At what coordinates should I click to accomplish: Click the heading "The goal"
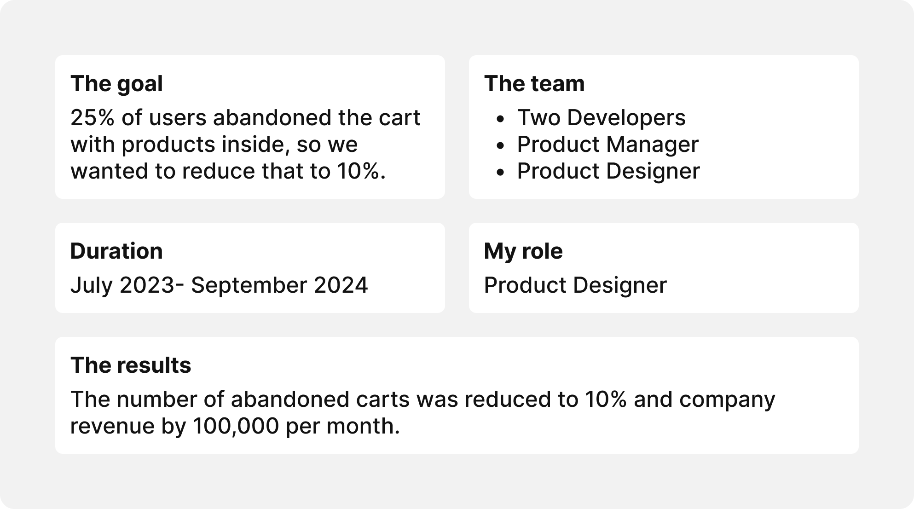pyautogui.click(x=116, y=84)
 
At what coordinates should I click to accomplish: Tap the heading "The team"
pyautogui.click(x=534, y=84)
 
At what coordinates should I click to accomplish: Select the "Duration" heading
pyautogui.click(x=116, y=251)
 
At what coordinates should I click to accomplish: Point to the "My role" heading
pyautogui.click(x=523, y=251)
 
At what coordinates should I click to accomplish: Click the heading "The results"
pyautogui.click(x=131, y=365)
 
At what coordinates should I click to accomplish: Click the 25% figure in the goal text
pyautogui.click(x=92, y=118)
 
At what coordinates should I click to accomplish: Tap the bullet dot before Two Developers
pyautogui.click(x=501, y=119)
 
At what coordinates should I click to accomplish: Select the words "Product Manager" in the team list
pyautogui.click(x=607, y=145)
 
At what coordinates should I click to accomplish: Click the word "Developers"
pyautogui.click(x=626, y=118)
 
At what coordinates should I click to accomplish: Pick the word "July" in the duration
pyautogui.click(x=91, y=285)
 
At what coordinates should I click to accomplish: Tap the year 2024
pyautogui.click(x=341, y=285)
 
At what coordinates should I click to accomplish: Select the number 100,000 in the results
pyautogui.click(x=236, y=426)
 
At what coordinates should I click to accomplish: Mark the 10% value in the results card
pyautogui.click(x=606, y=399)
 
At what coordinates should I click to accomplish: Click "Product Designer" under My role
pyautogui.click(x=575, y=285)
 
